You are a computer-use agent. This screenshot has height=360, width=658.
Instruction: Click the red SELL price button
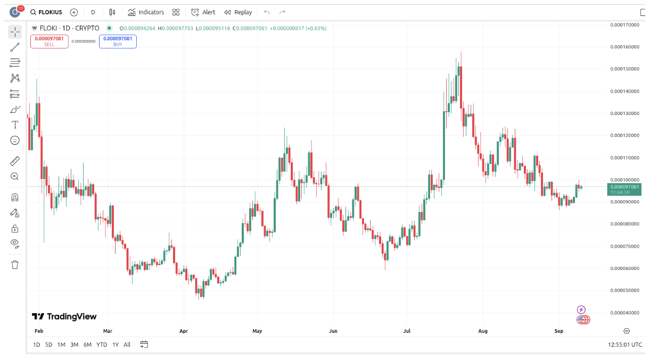coord(49,42)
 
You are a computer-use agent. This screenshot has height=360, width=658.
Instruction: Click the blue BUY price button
coord(118,42)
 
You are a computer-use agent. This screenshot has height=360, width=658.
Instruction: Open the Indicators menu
coord(146,12)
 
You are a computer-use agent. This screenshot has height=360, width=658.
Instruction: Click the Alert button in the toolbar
coord(203,12)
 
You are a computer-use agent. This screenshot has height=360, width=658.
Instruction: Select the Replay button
coord(238,12)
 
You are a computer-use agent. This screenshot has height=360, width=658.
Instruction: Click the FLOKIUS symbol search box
coord(46,12)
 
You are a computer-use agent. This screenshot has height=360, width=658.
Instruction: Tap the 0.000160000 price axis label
coord(624,47)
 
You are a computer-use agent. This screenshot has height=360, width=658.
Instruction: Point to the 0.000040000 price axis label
coord(624,313)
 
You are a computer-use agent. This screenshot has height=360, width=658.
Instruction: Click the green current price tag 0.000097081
coord(624,189)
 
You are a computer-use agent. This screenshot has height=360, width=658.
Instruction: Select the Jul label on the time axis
coord(407,331)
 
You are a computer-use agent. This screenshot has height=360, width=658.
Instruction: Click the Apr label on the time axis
coord(184,331)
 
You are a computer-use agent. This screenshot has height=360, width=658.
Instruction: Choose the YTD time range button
coord(102,345)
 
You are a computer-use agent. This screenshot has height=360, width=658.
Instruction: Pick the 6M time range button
coord(87,345)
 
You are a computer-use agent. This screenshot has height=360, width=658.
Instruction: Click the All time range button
coord(127,345)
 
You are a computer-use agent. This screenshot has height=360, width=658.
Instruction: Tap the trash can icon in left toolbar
coord(15,265)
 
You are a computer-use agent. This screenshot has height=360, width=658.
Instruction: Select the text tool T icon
coord(15,125)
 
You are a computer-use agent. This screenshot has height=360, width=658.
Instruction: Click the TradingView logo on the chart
coord(64,316)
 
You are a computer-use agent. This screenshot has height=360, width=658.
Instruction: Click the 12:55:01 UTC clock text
coord(625,345)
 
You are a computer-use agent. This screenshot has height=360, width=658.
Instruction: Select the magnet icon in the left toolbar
coord(15,198)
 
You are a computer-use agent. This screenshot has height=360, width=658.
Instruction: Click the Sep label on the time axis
coord(558,331)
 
